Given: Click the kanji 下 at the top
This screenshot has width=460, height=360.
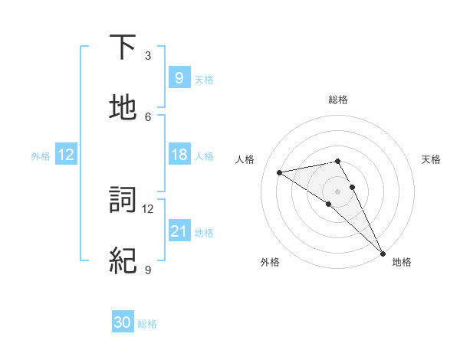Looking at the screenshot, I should click(123, 47).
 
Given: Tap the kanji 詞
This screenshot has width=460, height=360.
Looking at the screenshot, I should click(123, 201).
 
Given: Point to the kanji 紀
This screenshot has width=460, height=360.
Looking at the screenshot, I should click(123, 260).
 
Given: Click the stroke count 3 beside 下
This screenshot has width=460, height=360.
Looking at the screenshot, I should click(148, 56).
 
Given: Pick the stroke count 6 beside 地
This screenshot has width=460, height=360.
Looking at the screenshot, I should click(148, 116).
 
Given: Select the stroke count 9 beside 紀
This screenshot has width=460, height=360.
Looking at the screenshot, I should click(148, 270).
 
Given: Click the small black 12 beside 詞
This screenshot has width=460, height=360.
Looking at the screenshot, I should click(148, 208).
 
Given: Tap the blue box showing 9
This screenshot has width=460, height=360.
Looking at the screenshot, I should click(179, 77).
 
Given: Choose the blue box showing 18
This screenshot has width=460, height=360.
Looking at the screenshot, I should click(179, 155).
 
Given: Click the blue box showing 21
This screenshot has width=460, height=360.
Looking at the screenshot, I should click(179, 231).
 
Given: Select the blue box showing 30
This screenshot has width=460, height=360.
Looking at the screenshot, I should click(123, 322).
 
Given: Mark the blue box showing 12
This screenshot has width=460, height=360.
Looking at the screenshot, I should click(66, 155).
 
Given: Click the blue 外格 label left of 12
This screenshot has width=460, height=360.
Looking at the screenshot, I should click(41, 155).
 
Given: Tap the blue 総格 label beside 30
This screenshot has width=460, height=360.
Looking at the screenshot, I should click(147, 324).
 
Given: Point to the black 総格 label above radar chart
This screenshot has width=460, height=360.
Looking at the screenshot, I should click(338, 100).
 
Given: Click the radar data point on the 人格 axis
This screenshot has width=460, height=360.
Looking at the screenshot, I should click(280, 172).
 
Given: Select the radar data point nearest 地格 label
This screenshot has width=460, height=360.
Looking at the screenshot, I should click(382, 253).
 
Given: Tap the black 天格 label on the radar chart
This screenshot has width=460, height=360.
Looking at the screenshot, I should click(432, 159).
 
